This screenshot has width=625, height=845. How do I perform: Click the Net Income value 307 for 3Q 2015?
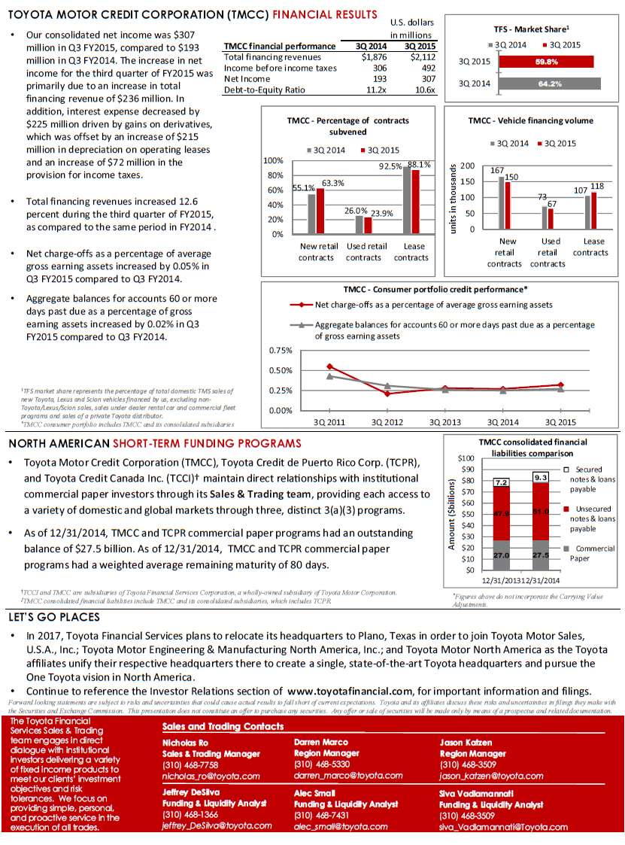coord(426,78)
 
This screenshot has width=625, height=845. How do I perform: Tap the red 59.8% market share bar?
coord(545,62)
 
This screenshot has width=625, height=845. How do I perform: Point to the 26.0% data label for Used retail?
coord(356,211)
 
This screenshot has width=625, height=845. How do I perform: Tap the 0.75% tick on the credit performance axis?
coord(280,351)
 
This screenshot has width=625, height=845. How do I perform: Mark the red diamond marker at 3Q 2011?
coord(329,366)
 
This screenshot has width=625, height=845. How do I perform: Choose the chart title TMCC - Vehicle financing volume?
coord(530,120)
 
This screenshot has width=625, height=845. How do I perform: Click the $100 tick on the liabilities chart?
coord(466,457)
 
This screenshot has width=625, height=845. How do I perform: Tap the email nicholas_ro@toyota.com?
coord(211,776)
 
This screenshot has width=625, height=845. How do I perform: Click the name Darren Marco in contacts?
coord(320,742)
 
